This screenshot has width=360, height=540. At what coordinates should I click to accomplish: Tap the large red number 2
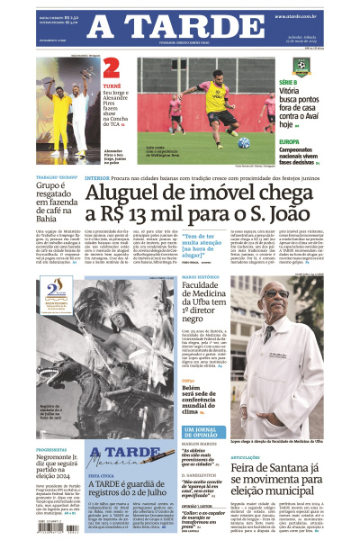(x=112, y=68)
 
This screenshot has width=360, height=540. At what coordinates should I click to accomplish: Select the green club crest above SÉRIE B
(x=301, y=66)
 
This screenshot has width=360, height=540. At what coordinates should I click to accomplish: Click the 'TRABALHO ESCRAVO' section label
(x=55, y=178)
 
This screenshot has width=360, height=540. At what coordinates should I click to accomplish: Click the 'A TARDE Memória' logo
(x=118, y=458)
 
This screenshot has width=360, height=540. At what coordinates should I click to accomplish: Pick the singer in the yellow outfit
(x=62, y=103)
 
